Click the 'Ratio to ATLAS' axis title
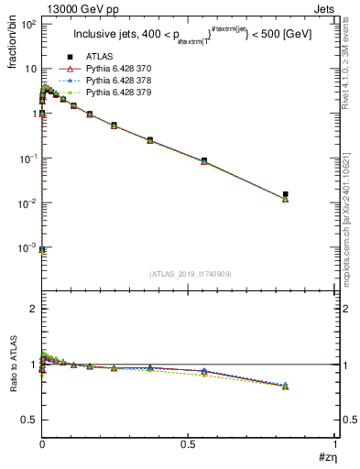(x=12, y=364)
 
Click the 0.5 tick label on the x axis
(x=188, y=444)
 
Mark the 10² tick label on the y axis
(x=27, y=24)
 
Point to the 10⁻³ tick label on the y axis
(x=27, y=248)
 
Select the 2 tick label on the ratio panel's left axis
(x=32, y=309)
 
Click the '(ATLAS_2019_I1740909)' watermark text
(x=189, y=275)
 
